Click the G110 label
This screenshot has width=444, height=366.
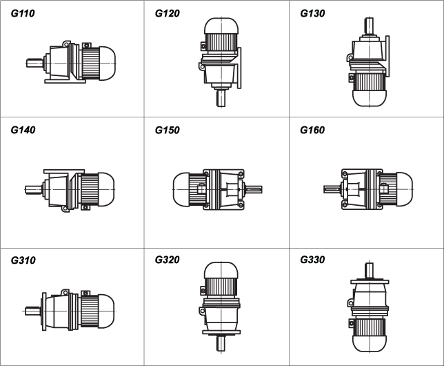click(x=23, y=13)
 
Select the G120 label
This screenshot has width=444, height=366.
click(x=167, y=13)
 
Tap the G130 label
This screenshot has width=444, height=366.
click(x=312, y=13)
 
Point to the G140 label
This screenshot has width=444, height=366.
click(x=23, y=130)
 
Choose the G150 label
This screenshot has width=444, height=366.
click(x=167, y=130)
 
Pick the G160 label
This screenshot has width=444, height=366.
click(x=312, y=130)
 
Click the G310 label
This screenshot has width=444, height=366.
click(x=23, y=260)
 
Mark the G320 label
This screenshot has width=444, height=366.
click(x=167, y=260)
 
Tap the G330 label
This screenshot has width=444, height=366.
click(x=312, y=260)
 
